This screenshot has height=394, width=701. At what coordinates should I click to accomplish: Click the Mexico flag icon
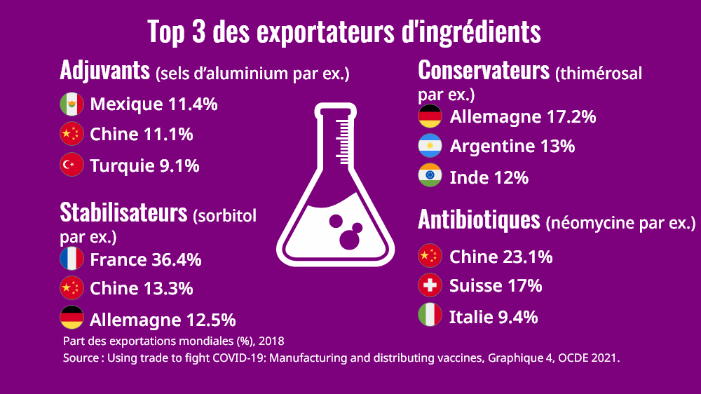[x=72, y=104]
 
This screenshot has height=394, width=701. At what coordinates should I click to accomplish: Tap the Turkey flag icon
[x=72, y=165]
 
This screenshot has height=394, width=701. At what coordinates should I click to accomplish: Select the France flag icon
[x=72, y=259]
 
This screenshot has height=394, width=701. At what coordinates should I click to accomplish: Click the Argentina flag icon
[x=430, y=146]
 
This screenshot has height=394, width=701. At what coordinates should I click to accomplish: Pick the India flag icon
[x=430, y=177]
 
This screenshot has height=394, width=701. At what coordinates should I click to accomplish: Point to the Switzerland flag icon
[x=430, y=285]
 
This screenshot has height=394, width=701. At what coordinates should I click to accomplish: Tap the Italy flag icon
[x=430, y=316]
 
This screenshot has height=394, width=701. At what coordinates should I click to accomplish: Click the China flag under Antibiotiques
[x=430, y=257]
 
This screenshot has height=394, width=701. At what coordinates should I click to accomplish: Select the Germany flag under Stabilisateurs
[x=72, y=319]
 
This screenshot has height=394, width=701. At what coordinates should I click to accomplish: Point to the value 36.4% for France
[x=176, y=260]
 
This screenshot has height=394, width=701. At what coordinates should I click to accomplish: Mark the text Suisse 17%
[x=495, y=286]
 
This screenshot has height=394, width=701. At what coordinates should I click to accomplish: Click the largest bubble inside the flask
[x=348, y=239]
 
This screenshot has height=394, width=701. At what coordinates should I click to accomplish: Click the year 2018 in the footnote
[x=271, y=341]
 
